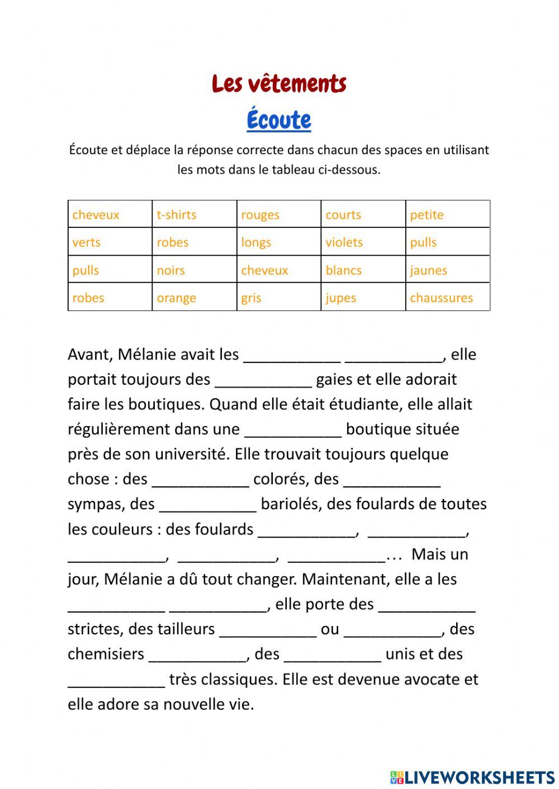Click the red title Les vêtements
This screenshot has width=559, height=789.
click(279, 84)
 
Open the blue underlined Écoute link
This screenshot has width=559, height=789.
click(279, 119)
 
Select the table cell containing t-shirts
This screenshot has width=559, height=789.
click(194, 214)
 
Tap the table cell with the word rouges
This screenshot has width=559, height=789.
click(278, 214)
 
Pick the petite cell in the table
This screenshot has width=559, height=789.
click(447, 214)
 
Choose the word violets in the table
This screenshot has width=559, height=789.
click(363, 242)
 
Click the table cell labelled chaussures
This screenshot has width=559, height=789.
click(447, 298)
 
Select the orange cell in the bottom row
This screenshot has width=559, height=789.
click(194, 298)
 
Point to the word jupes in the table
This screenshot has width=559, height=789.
click(363, 298)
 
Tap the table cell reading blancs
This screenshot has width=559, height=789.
click(363, 270)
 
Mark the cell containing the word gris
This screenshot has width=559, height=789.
click(278, 298)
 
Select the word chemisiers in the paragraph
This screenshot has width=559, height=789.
click(106, 654)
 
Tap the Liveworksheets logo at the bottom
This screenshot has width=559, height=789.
click(472, 777)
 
